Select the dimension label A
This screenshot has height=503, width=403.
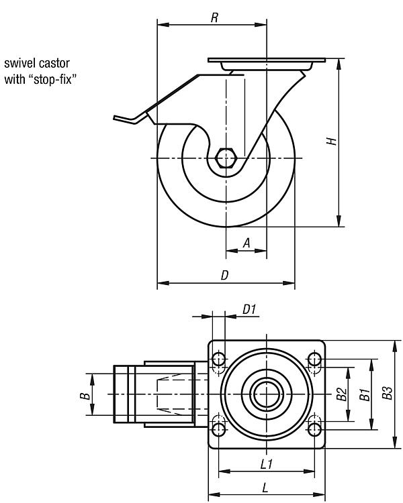(247, 243)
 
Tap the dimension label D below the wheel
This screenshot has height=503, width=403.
(225, 275)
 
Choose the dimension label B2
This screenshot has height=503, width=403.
(342, 394)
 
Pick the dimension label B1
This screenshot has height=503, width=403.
(365, 394)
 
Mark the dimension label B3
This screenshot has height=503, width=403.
(388, 394)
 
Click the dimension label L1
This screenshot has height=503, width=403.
(266, 463)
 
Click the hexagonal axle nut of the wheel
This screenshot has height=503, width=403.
(227, 159)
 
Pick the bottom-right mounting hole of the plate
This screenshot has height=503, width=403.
(314, 427)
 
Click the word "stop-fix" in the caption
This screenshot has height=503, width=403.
(56, 79)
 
